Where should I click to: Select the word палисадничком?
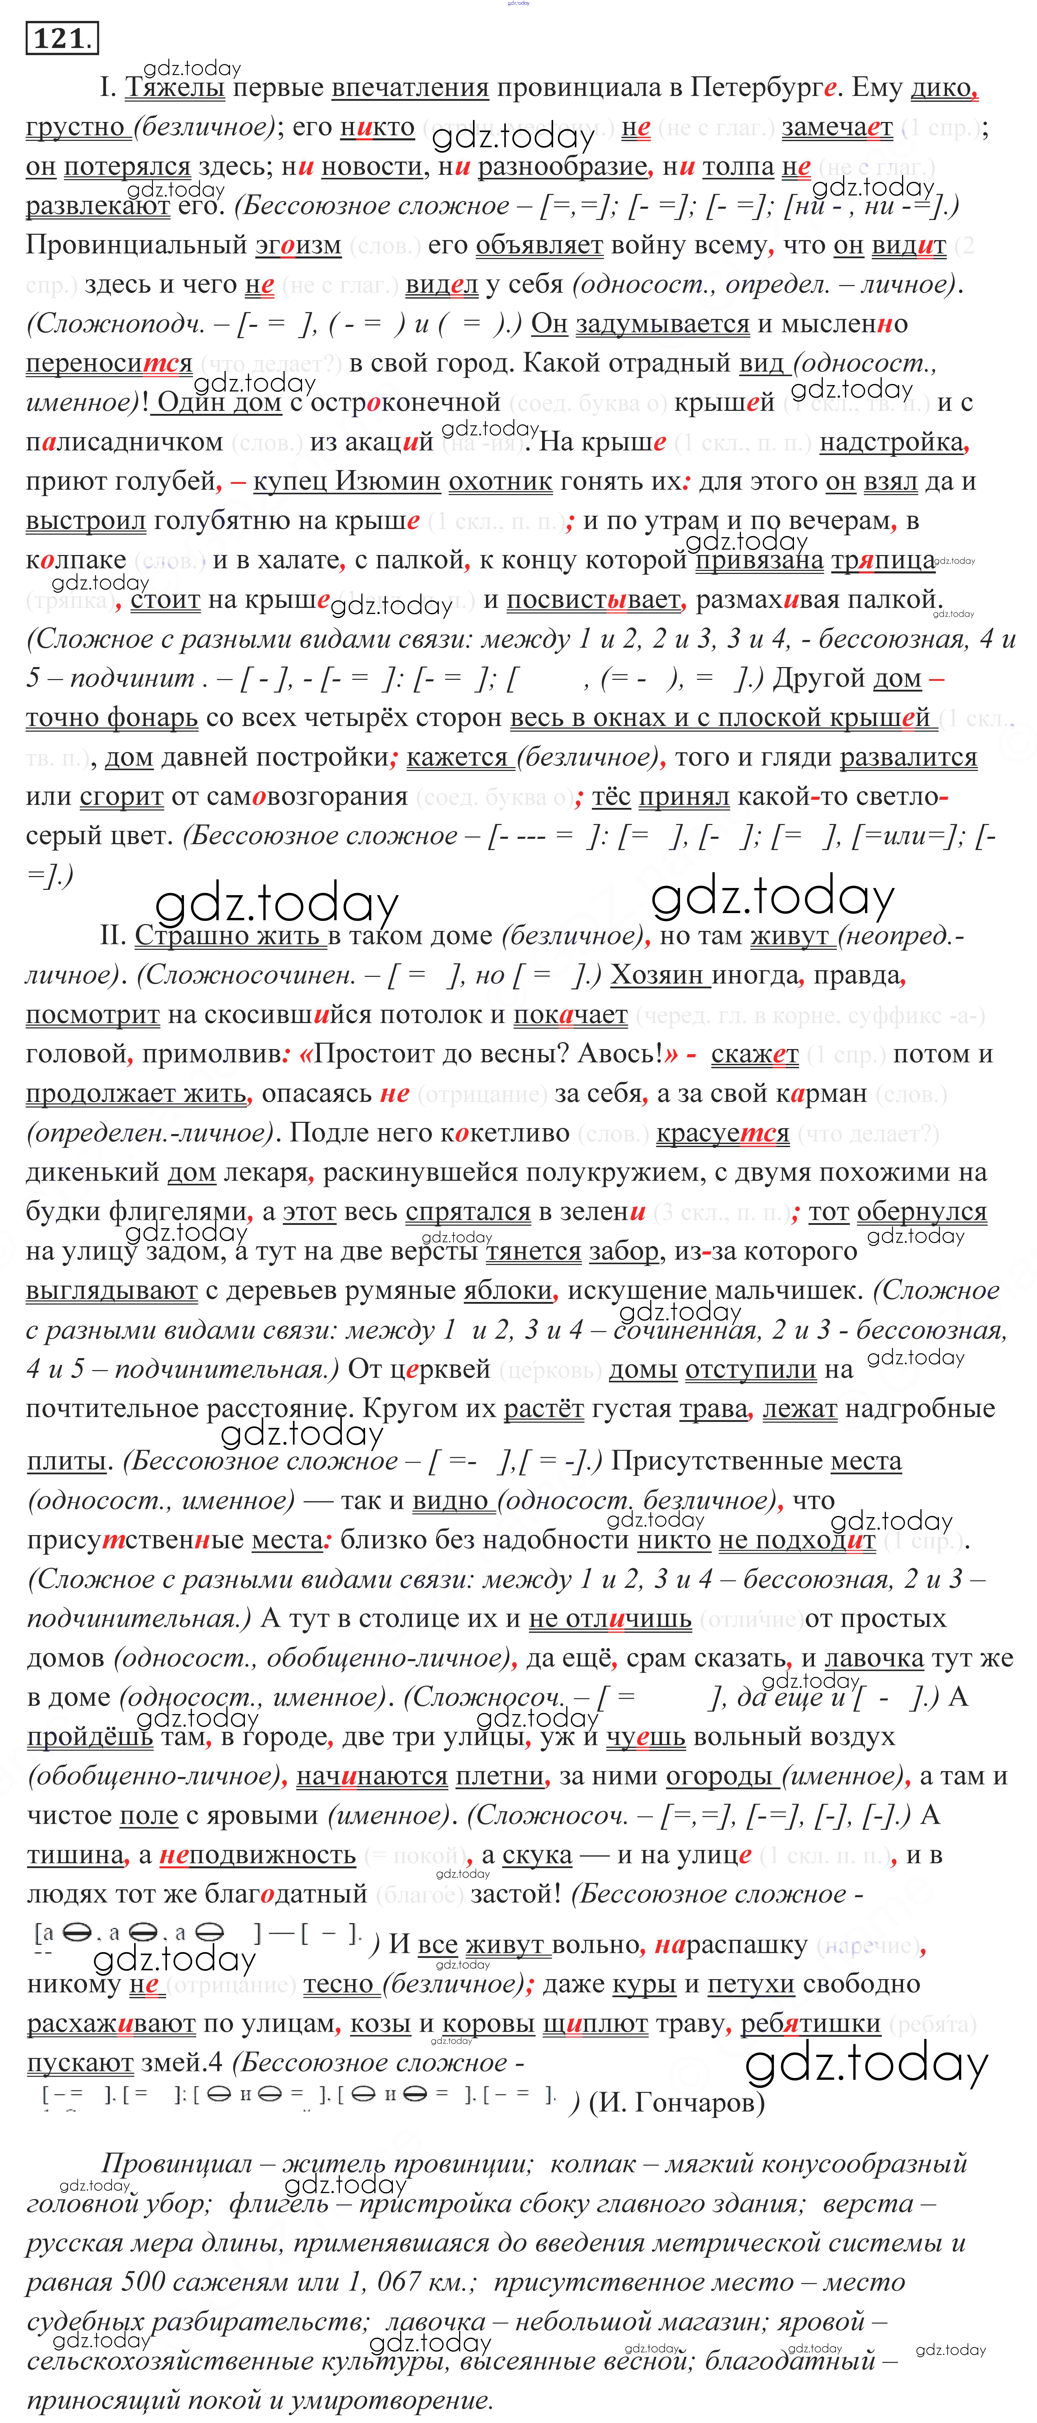point(124,442)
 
